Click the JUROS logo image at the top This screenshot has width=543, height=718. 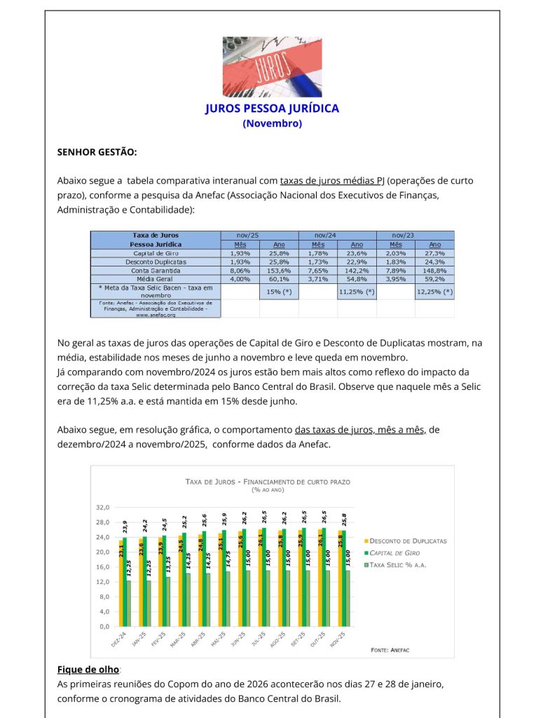272,67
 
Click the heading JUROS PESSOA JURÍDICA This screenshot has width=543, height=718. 272,109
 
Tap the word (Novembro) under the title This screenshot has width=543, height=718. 272,123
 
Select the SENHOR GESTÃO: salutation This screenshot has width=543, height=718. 97,151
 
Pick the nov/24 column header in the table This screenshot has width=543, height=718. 324,235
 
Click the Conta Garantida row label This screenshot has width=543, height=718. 155,270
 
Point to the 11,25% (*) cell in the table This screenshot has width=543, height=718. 357,291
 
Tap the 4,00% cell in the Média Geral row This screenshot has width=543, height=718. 240,278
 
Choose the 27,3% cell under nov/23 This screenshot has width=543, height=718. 434,253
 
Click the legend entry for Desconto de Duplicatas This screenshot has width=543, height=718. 407,541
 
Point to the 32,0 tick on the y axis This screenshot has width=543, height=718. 103,507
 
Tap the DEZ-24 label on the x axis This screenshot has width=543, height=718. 118,639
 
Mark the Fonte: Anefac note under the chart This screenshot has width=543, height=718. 390,650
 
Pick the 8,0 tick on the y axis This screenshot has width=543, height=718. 105,597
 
